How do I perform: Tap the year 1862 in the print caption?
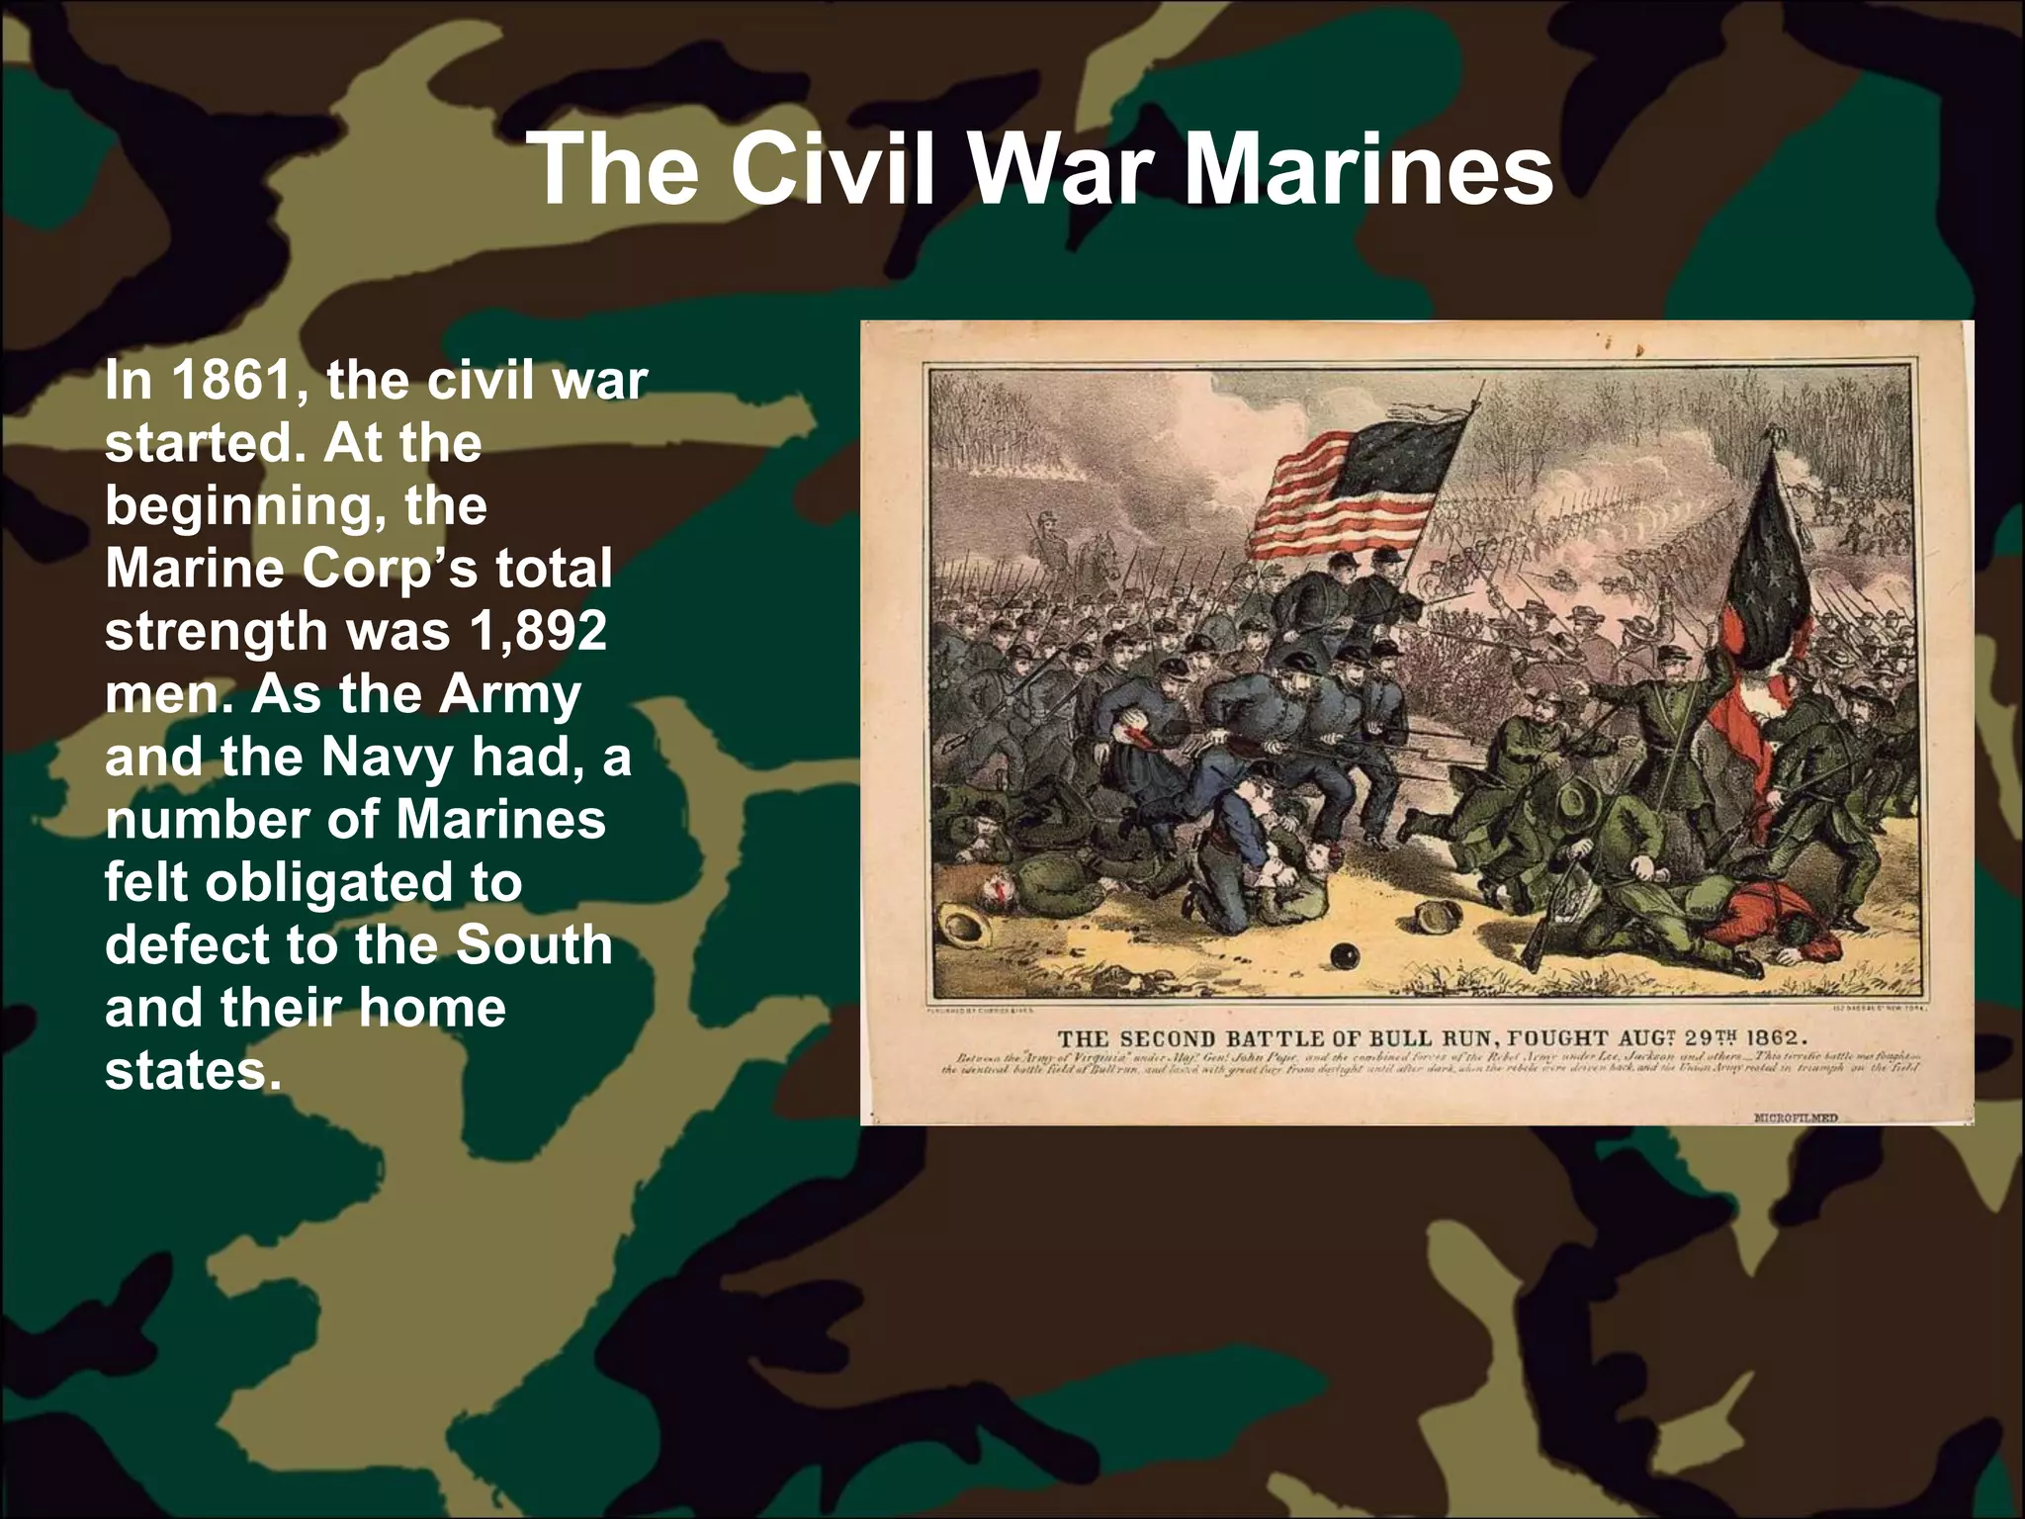1777,1038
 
